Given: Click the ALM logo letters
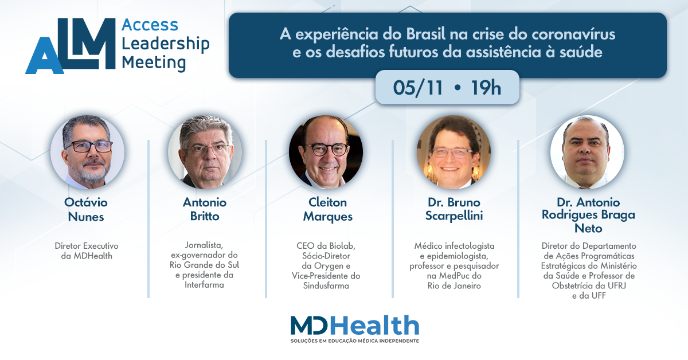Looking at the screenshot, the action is [x=71, y=46].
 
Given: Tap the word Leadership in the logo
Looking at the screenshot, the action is [x=166, y=44].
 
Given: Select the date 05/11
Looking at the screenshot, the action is [x=418, y=88].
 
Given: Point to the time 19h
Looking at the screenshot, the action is [x=486, y=88].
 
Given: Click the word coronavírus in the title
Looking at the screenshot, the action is [x=573, y=34].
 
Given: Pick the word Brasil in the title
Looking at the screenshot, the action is [x=425, y=34].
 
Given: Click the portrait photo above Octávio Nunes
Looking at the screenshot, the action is [x=88, y=152].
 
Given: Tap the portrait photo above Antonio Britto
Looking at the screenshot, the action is [x=205, y=152].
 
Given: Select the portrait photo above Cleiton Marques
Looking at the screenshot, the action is [x=326, y=152].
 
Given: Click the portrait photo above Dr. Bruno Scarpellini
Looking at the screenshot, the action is [x=454, y=152].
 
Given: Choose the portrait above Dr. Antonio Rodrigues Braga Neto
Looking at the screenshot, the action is [x=587, y=152].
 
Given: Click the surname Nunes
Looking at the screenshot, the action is [x=86, y=217].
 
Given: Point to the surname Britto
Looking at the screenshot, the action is [x=205, y=216].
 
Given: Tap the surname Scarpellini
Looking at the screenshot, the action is [x=454, y=216].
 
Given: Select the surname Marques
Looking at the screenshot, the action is [x=328, y=217].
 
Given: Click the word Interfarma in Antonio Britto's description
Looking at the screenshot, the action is [x=204, y=285].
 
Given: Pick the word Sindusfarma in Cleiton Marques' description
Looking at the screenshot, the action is [x=326, y=285].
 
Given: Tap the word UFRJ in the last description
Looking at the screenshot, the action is [x=613, y=285].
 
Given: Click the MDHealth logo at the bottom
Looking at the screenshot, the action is [x=355, y=325].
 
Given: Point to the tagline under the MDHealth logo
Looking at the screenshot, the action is [x=355, y=341].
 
